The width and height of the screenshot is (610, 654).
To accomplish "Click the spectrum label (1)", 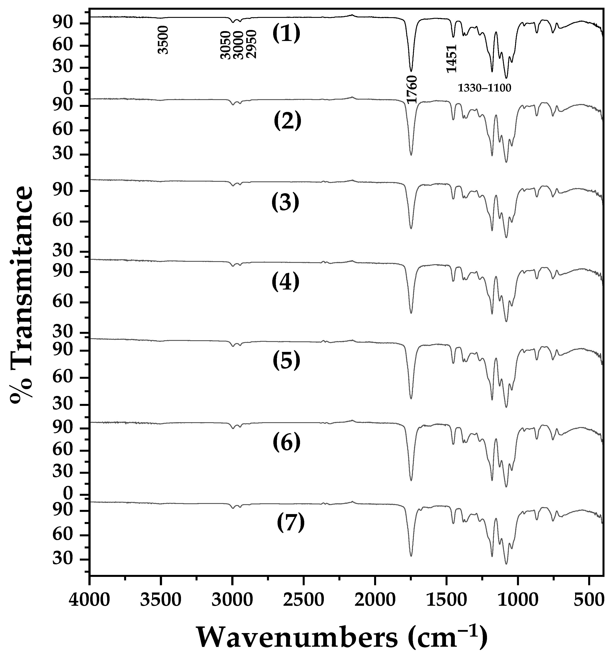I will pos(286,34).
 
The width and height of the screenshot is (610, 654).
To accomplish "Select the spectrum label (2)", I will pos(287,121).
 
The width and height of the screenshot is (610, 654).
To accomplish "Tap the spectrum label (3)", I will pos(285,202).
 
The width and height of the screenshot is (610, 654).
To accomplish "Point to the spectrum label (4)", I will pos(285,282).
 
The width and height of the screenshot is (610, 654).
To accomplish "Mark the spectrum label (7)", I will pos(290,524).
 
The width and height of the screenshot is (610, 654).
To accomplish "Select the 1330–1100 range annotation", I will pos(485,88).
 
